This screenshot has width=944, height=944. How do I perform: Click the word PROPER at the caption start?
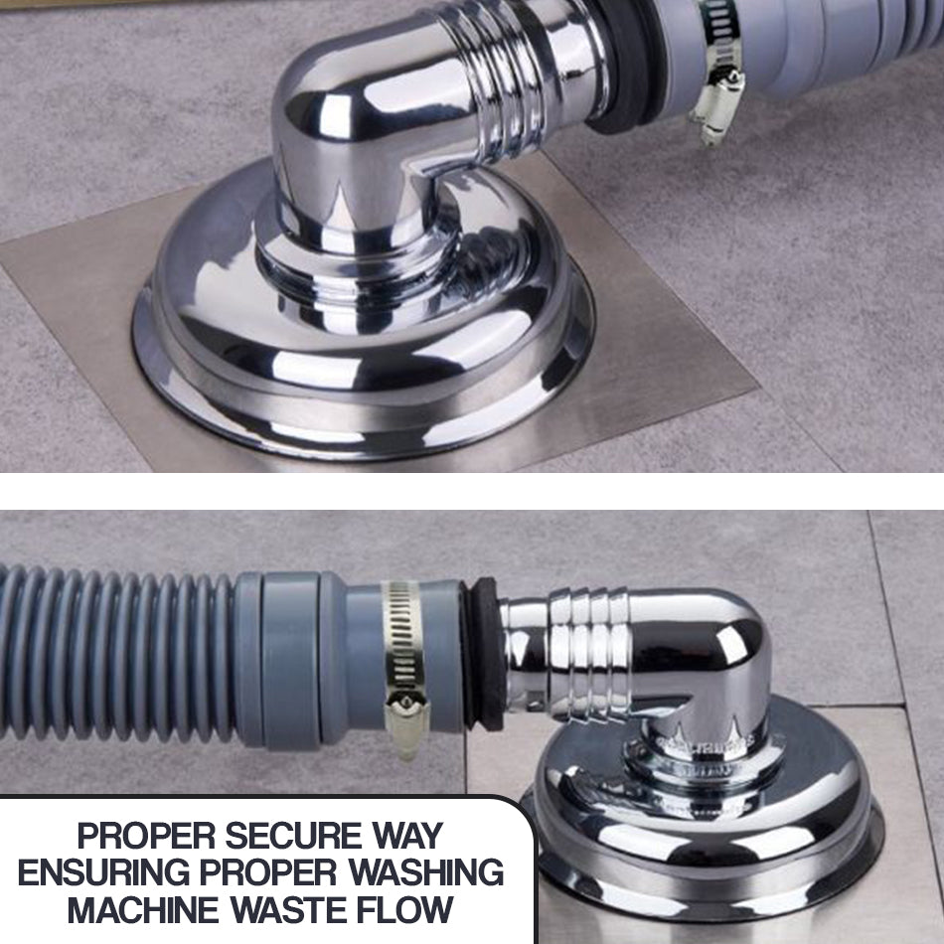[x=146, y=836]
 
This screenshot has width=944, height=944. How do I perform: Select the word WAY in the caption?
[x=407, y=836]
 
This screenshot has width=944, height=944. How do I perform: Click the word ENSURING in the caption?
[x=103, y=871]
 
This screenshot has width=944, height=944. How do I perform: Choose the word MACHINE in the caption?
[x=143, y=909]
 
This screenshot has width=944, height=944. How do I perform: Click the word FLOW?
[x=404, y=909]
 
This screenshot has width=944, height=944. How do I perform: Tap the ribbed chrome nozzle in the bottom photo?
[x=587, y=653]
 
